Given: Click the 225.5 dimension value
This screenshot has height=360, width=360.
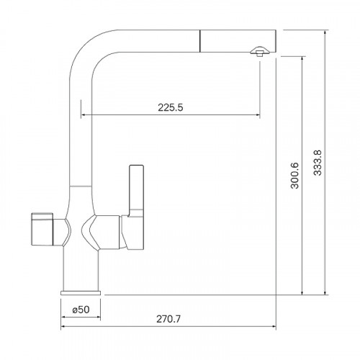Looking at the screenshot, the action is tap(171, 107).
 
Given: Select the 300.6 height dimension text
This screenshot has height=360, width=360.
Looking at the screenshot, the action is tap(294, 176).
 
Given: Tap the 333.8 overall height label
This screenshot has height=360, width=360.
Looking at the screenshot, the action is tap(318, 163).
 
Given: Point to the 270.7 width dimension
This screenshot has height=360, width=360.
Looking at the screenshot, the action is tap(168, 319).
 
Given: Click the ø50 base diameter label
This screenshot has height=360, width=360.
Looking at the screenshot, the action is tap(81, 310).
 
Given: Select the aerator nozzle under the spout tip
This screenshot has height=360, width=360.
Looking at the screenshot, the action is tap(258, 51).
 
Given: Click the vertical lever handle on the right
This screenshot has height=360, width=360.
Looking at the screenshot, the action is tap(136, 189).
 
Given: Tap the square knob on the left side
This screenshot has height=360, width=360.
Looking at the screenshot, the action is tap(42, 229).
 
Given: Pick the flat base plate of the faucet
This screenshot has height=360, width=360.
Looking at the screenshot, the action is tap(81, 293).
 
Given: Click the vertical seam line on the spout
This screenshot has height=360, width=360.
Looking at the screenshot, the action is tap(199, 41).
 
